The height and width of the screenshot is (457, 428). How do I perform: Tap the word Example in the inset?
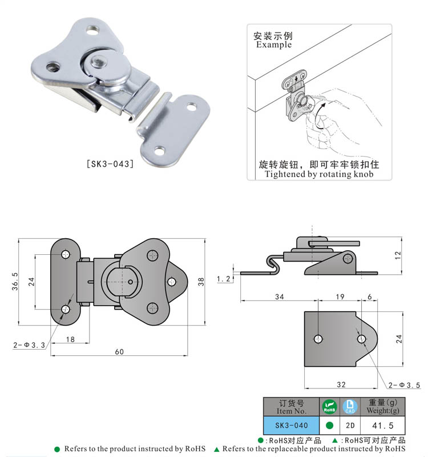point(273,45)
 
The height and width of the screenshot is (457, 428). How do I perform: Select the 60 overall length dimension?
point(119,351)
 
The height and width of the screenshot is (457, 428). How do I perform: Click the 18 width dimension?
point(70,339)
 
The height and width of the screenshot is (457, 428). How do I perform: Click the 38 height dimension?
point(200,282)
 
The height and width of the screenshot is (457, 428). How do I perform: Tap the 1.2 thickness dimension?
point(224,279)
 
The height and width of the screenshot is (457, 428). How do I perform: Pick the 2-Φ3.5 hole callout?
point(405,386)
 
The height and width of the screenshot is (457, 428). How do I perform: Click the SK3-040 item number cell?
point(292,426)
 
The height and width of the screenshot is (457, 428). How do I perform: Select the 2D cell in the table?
point(350,426)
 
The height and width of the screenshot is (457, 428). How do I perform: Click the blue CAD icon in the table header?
point(350,407)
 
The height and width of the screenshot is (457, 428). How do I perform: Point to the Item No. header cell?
point(292,407)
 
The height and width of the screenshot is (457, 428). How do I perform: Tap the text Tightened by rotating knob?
point(319,174)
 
